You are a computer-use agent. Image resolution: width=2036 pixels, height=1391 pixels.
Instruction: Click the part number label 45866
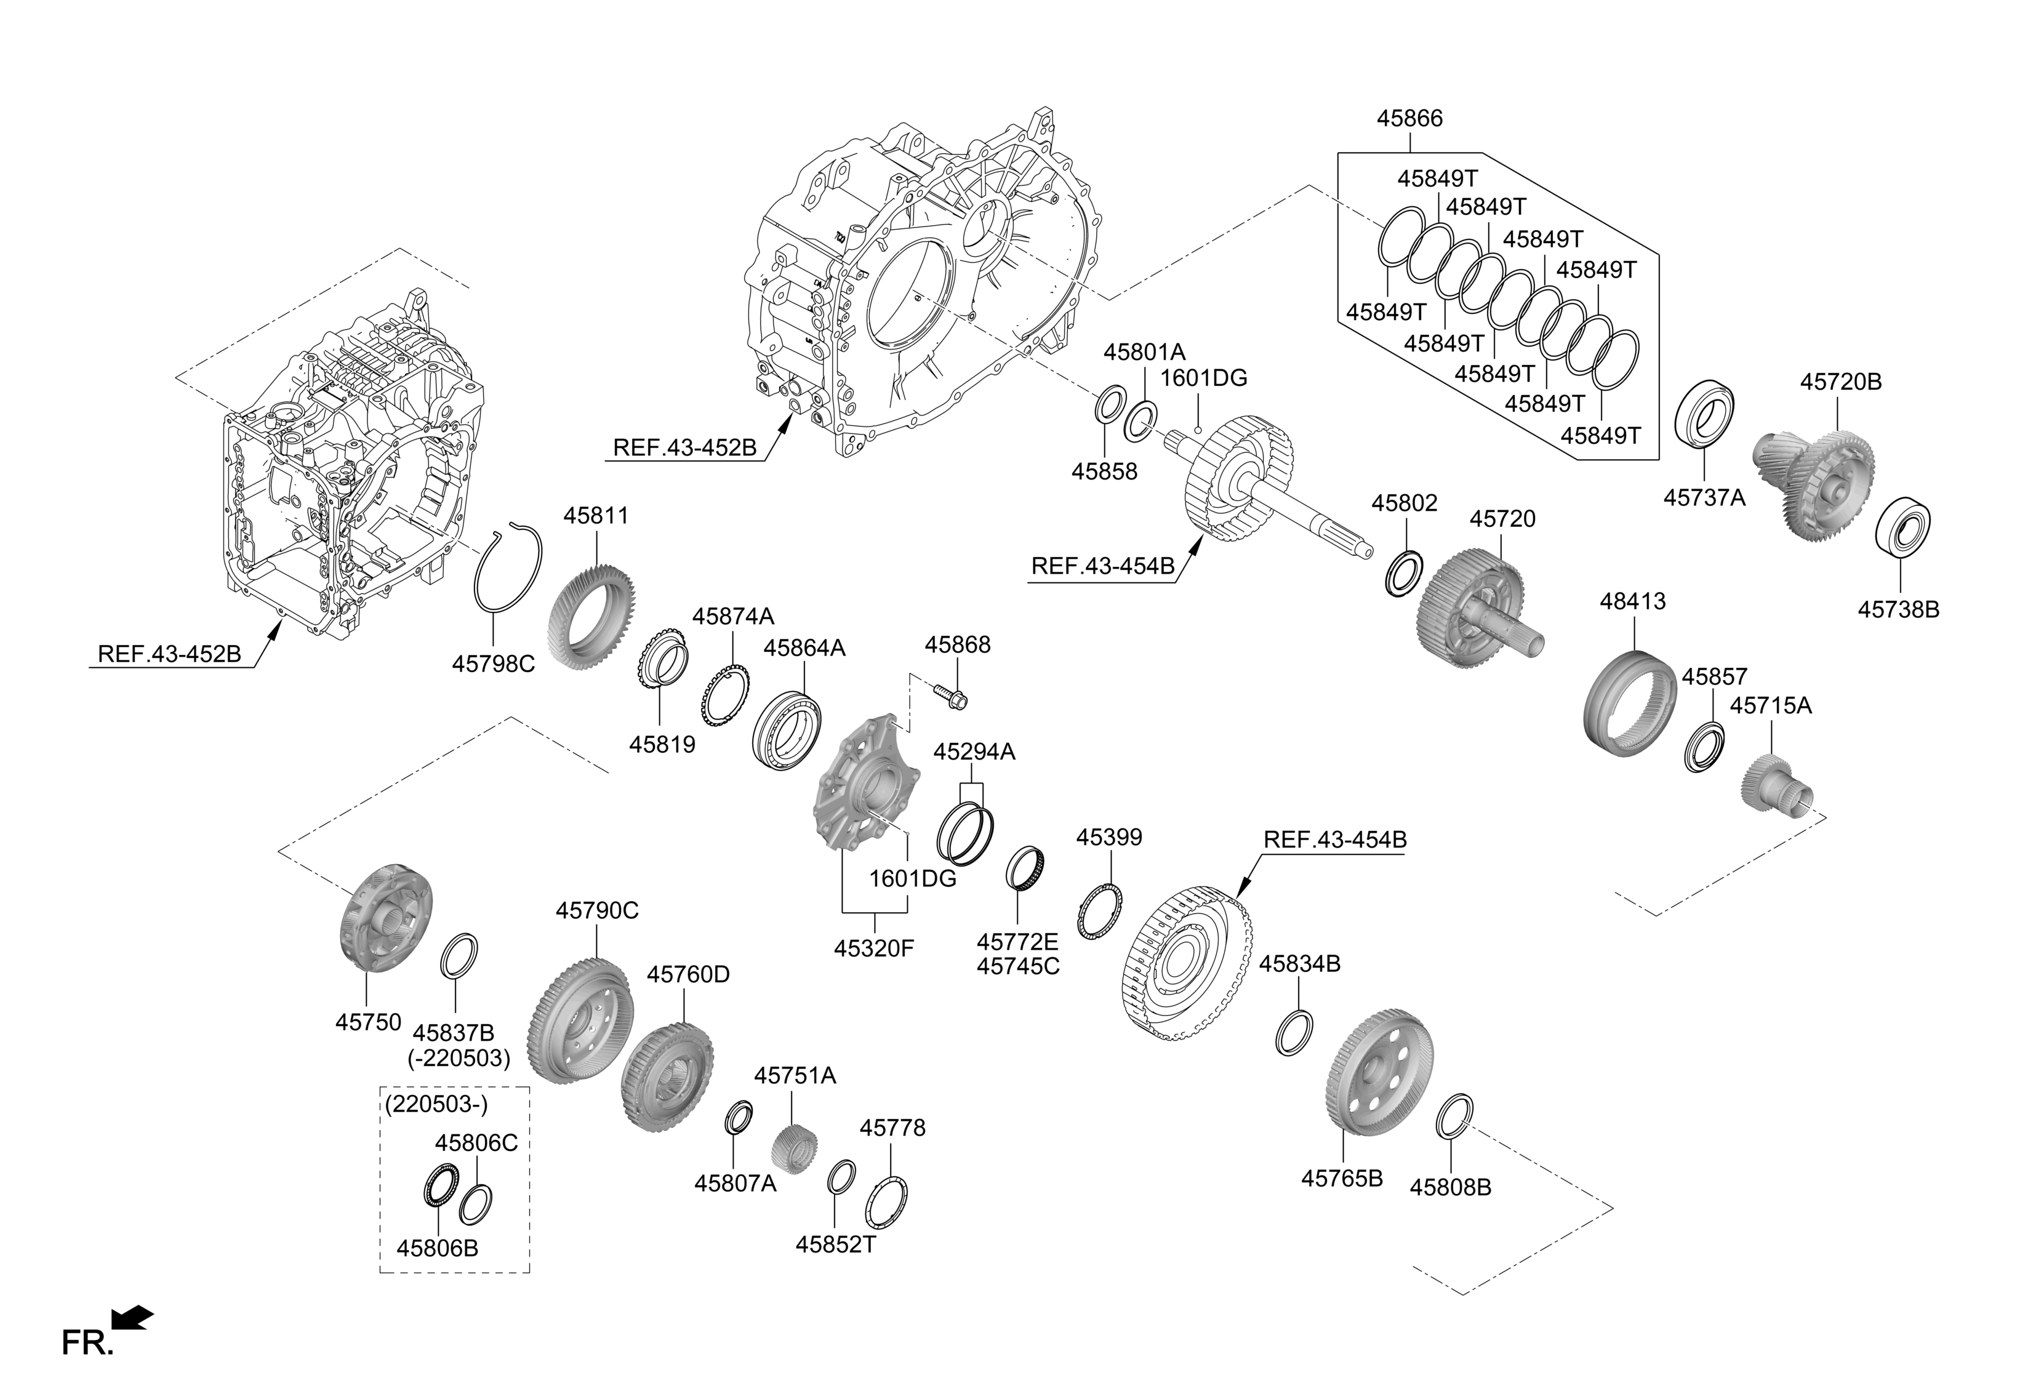[x=1409, y=118]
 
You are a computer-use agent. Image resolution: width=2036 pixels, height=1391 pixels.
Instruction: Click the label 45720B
[x=1841, y=382]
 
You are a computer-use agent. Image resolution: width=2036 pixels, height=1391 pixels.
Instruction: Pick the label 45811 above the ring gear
[x=596, y=515]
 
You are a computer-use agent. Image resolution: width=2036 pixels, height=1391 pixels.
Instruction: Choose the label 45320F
[x=873, y=948]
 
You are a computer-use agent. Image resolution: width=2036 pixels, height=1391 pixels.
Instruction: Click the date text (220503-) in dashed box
[x=435, y=1105]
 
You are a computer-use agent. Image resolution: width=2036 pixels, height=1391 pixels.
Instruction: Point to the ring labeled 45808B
[x=1455, y=1117]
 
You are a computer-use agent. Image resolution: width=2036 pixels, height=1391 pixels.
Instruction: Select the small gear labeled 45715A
[x=1774, y=786]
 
